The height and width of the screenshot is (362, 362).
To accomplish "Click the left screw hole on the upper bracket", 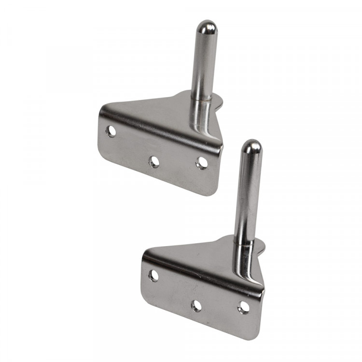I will click(111, 131).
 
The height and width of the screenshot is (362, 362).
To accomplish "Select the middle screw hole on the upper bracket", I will click(154, 162).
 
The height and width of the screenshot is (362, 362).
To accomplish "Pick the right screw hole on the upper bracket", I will click(202, 163).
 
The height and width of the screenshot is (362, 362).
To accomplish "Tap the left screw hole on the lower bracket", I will click(153, 276).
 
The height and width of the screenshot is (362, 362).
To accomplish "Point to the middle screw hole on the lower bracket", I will click(196, 306).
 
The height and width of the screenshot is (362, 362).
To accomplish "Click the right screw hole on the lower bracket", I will click(244, 307).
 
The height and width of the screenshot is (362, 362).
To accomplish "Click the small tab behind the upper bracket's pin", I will click(218, 102).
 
